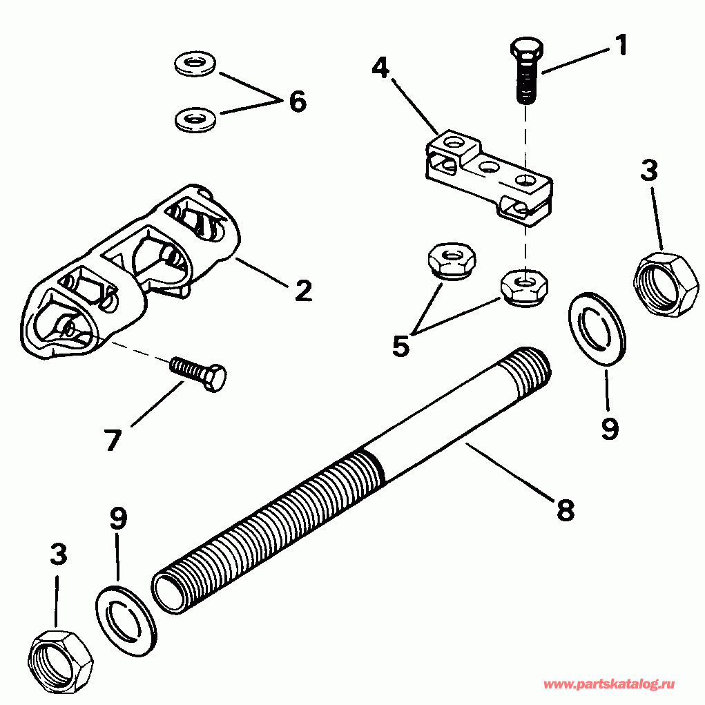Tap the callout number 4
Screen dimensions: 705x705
(x=380, y=68)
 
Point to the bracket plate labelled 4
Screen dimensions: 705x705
(x=487, y=175)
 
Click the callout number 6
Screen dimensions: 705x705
(x=297, y=102)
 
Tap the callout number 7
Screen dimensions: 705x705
(x=113, y=439)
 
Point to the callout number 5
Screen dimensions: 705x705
(x=400, y=345)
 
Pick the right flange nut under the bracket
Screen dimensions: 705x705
(x=524, y=287)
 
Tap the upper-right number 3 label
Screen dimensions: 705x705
(x=648, y=171)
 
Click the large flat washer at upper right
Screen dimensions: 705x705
(x=597, y=328)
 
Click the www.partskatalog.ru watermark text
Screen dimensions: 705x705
(x=608, y=684)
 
